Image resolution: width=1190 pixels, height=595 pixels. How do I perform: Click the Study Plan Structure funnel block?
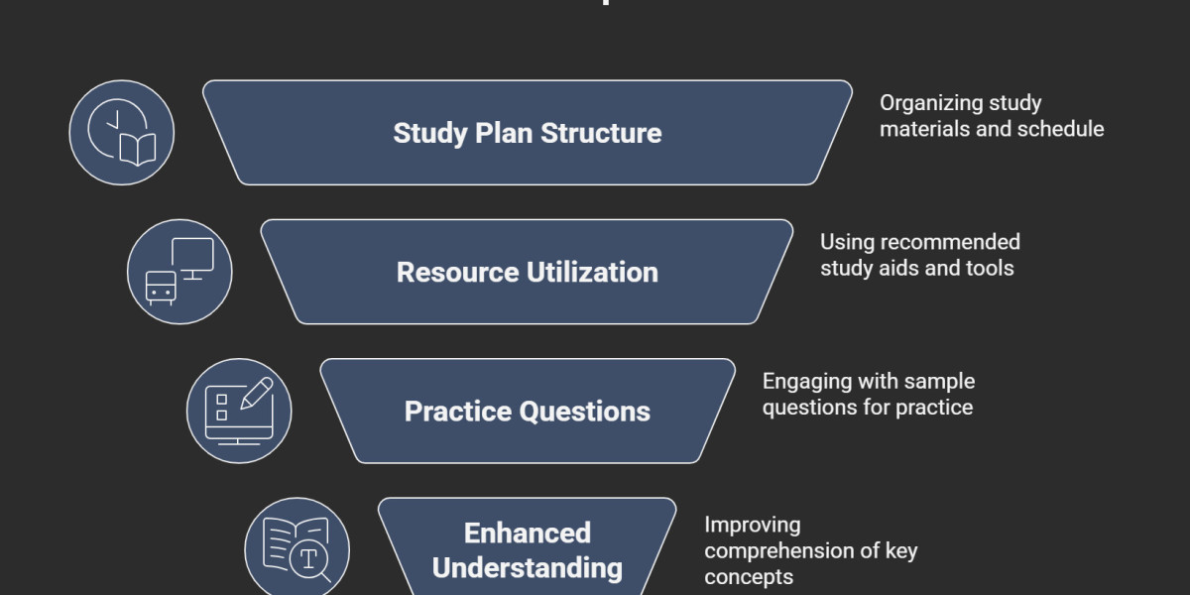[527, 133]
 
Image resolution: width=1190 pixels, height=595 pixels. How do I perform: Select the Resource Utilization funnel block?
[527, 272]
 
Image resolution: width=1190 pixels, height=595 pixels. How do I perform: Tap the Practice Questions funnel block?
[527, 411]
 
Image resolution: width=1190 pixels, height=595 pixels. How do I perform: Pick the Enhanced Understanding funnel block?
[527, 549]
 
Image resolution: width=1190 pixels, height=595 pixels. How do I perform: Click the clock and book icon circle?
[121, 133]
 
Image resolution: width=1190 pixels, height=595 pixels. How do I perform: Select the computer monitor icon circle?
[179, 272]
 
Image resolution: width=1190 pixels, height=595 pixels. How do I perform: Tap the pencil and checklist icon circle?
[239, 411]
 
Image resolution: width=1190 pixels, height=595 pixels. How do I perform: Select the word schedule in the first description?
[1062, 129]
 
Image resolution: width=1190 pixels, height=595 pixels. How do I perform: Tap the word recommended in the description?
[950, 242]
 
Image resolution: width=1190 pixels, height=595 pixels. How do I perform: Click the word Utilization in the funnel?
[593, 272]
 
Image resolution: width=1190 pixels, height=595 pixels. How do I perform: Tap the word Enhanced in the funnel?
[527, 533]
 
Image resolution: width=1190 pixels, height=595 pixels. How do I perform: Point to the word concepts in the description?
[749, 576]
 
